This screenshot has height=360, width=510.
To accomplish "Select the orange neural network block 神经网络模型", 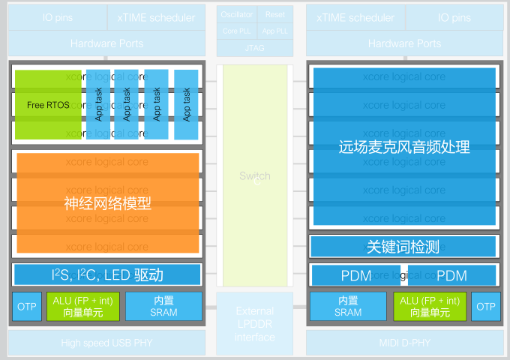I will click(108, 202).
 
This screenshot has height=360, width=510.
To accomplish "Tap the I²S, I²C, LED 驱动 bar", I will click(107, 274).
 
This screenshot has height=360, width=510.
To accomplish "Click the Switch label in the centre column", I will click(254, 176).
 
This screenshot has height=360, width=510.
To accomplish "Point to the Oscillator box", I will click(237, 15).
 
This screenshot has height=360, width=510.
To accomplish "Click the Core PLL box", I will click(237, 31).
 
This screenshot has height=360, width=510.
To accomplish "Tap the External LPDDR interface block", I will click(254, 324).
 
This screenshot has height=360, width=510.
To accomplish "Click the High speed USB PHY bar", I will click(106, 343).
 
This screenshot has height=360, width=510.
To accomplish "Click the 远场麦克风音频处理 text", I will click(404, 147).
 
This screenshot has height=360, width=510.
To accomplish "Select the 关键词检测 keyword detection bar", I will click(403, 247).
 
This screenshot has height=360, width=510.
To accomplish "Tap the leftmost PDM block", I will click(356, 275).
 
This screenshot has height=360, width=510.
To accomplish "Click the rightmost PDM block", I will click(451, 275).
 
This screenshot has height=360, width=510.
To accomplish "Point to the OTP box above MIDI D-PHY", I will click(486, 307).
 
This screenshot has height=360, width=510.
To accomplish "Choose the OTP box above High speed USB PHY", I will click(27, 307).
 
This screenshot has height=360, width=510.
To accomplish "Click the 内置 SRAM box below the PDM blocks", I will click(348, 307).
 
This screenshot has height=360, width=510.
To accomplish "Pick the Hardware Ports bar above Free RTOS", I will click(106, 43).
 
